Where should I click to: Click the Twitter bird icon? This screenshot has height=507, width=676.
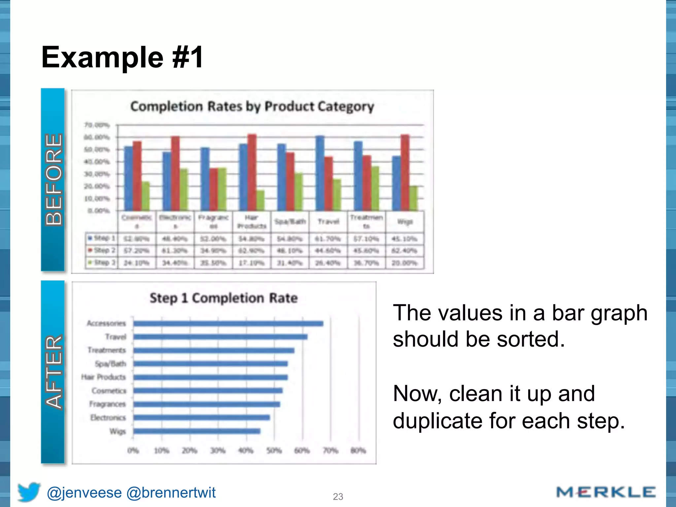tap(29, 492)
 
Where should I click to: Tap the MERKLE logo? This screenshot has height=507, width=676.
tap(606, 492)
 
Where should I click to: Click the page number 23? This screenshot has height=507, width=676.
tap(338, 497)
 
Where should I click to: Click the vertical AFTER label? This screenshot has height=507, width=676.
tap(53, 372)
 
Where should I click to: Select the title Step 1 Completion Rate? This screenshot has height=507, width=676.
tap(223, 298)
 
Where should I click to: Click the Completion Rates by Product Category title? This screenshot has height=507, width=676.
tap(252, 107)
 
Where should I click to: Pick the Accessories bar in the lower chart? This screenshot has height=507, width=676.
tap(228, 323)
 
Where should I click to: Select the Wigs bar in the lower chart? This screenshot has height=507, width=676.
tap(197, 431)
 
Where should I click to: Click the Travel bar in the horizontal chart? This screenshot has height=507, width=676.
tap(220, 337)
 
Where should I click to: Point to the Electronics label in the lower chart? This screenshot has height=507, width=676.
tap(108, 418)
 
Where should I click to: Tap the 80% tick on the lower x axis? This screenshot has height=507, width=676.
tap(358, 451)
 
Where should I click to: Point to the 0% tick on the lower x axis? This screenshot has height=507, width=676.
tap(133, 451)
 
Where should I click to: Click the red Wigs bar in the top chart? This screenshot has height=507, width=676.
tap(405, 173)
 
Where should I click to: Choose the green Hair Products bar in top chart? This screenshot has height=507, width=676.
tap(260, 200)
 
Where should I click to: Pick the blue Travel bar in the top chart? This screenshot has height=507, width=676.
tap(320, 173)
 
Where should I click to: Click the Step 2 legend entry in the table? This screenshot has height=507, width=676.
tap(101, 251)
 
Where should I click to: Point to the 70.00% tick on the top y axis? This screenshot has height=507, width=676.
tap(97, 125)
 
